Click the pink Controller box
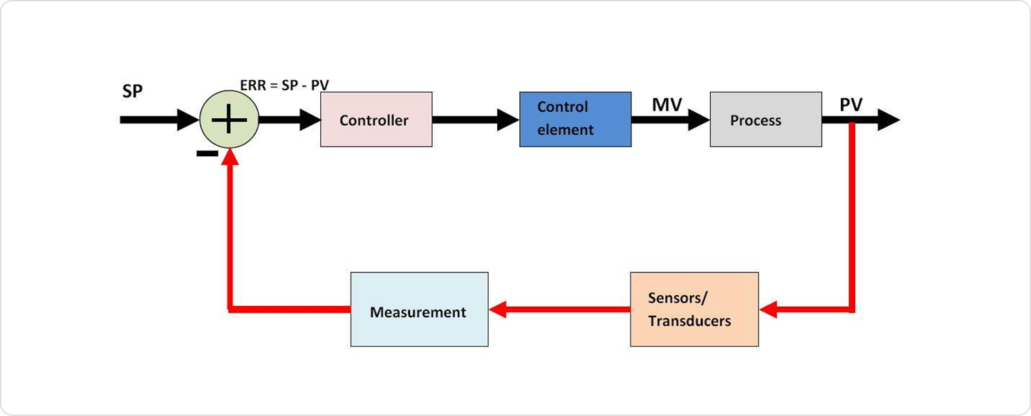[x=376, y=120]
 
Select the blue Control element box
[x=575, y=119]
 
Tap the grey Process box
[x=765, y=120]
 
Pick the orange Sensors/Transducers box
[x=694, y=310]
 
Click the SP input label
[x=132, y=91]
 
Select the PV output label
[x=851, y=105]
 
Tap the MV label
[x=667, y=105]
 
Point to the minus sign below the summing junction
[x=207, y=153]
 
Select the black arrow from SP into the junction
[x=159, y=120]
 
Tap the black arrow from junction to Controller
[x=290, y=120]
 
